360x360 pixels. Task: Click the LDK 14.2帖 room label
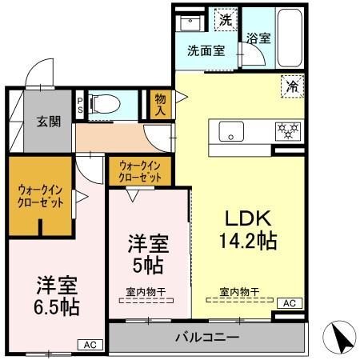[246, 230]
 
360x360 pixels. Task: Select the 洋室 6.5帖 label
[56, 296]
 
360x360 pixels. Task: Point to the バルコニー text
[206, 338]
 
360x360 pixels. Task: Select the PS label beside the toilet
[80, 104]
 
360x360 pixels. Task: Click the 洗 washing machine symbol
[226, 21]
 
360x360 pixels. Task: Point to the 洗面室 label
[206, 50]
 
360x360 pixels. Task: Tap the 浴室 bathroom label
[257, 38]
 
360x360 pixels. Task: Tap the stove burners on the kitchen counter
[286, 127]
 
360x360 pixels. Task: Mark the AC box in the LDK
[288, 303]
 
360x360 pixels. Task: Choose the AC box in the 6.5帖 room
[90, 345]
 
